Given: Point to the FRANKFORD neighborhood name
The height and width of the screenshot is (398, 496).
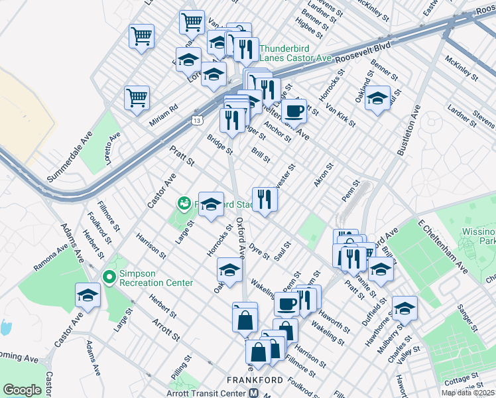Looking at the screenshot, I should pos(256,380).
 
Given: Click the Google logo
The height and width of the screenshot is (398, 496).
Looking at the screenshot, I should pos(22,390).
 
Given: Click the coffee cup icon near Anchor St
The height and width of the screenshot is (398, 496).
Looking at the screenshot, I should pos(294,111).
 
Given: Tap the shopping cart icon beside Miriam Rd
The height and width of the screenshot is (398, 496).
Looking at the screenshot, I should pos(137,97).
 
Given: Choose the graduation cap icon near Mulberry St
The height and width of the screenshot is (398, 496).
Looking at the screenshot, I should pos(404,308).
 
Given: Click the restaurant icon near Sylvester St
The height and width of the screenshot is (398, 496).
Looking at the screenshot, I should pos(265,198).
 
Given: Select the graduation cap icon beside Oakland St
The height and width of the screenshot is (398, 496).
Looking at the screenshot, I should pos(377,99).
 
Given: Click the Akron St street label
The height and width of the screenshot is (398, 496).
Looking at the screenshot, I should pos(322,174).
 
